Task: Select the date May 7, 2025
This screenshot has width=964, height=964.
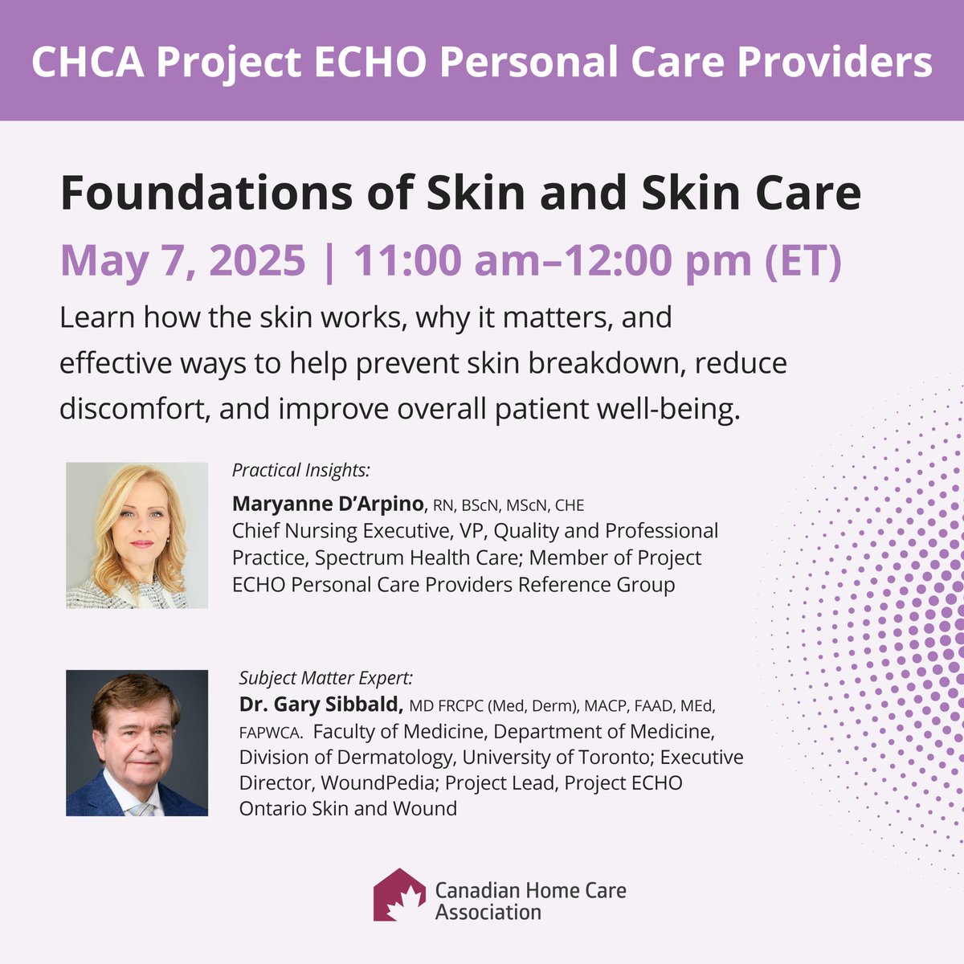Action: (183, 260)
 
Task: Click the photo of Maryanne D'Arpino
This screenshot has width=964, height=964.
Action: (137, 535)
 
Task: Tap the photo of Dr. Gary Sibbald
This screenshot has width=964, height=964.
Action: (137, 743)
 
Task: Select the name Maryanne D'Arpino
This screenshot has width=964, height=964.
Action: (327, 504)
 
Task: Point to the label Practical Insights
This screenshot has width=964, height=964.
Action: (300, 470)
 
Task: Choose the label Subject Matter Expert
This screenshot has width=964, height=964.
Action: (326, 677)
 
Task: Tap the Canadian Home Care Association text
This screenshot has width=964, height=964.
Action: (530, 901)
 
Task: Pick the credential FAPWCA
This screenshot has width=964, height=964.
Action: (270, 733)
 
